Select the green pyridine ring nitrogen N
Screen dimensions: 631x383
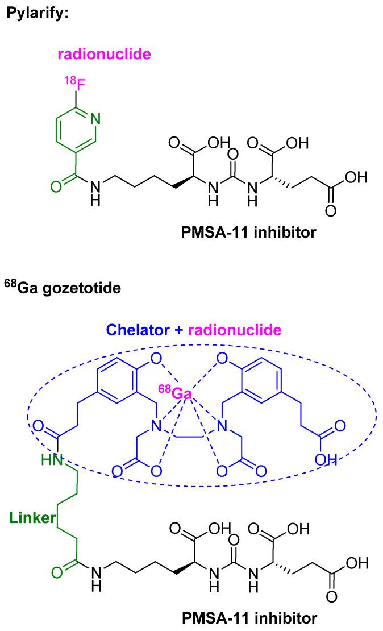point(95,120)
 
